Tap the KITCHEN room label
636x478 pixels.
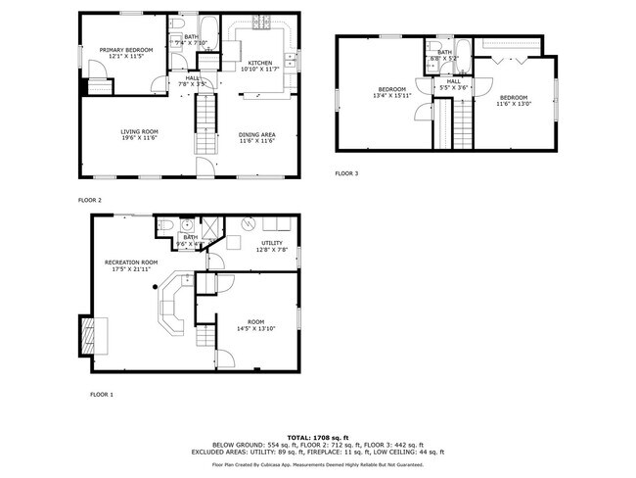(x=259, y=62)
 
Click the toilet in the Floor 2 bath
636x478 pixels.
(x=177, y=24)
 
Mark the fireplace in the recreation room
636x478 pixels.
(x=89, y=336)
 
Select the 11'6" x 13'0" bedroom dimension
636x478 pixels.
(x=513, y=103)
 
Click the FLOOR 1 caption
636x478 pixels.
(x=102, y=394)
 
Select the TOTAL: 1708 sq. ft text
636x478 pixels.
(x=318, y=436)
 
